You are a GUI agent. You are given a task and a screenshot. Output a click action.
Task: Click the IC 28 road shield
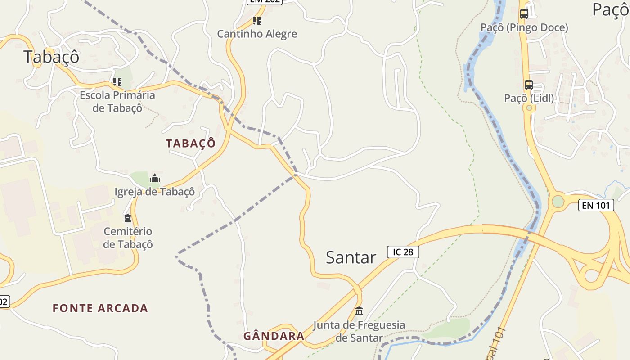pos(403,252)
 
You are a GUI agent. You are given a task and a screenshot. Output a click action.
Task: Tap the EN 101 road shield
pos(596,206)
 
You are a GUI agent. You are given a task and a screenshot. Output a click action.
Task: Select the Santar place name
pos(351,257)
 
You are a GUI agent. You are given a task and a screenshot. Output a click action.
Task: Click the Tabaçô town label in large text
pos(51,57)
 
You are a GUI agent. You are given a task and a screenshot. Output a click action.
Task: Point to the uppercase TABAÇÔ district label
pos(191,144)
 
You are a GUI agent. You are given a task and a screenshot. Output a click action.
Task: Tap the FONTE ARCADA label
pos(100,308)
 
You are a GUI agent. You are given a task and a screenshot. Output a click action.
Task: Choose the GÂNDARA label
pos(274,336)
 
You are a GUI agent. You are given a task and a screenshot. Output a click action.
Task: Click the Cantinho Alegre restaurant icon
pos(257,20)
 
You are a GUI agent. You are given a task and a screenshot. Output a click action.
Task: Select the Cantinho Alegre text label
pos(257,34)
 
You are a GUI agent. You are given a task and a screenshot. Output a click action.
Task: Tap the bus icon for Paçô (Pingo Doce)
pos(524,14)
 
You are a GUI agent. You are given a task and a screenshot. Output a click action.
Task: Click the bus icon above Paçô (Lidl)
pos(529,85)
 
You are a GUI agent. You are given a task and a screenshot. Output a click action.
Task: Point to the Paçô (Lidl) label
pos(529,98)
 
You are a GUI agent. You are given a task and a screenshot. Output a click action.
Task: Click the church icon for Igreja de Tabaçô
pos(155,178)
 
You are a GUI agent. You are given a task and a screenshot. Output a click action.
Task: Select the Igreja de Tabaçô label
pos(155,192)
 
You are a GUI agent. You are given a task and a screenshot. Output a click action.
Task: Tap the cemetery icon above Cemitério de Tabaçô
pos(128,218)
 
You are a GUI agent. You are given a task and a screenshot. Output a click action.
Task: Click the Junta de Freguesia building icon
pos(359,311)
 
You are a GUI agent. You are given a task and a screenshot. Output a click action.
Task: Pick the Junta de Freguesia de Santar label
pos(359,331)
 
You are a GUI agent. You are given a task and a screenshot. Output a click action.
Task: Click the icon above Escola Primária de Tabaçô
pos(117,82)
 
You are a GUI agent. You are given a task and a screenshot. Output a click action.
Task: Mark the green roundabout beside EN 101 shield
pos(558,202)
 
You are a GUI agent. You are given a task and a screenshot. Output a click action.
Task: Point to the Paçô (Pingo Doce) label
pos(524,27)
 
